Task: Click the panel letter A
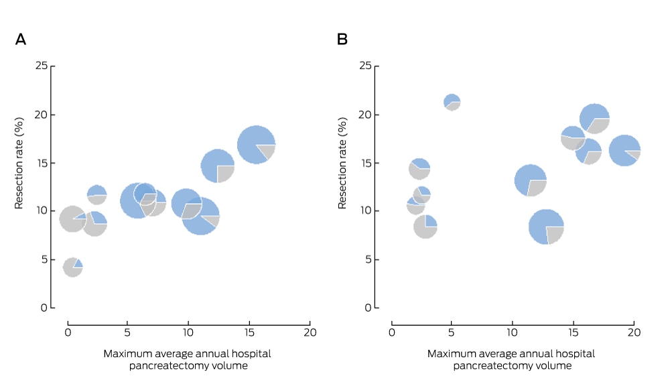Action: tap(21, 40)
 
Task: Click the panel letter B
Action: tap(342, 40)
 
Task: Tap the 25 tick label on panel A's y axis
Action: tap(42, 66)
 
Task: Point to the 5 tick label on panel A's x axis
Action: tap(127, 332)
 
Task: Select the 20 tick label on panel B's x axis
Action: tap(634, 332)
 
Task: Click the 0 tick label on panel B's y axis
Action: tap(368, 308)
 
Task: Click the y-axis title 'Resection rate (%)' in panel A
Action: tap(19, 164)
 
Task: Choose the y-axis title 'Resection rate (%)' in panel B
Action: tap(342, 164)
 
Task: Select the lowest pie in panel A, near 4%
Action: tap(72, 267)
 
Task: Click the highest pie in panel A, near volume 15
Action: tap(257, 145)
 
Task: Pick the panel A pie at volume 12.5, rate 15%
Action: tap(218, 166)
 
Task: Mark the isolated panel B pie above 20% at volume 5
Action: tap(452, 102)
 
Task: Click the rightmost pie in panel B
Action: tap(624, 151)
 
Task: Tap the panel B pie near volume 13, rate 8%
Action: tap(546, 227)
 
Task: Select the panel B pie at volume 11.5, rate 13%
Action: tap(531, 180)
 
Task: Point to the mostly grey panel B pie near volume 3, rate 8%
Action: tap(425, 226)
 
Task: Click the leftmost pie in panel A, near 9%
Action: tap(72, 219)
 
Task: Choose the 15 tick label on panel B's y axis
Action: tap(365, 163)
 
